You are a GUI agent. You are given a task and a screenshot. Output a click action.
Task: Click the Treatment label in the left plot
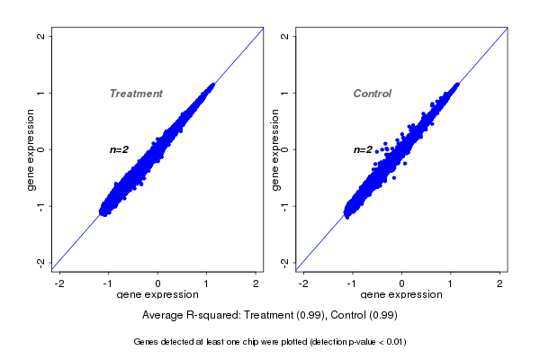136,94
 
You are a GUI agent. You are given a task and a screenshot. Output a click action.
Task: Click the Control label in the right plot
372,94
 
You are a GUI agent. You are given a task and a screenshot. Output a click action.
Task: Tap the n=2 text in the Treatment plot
120,149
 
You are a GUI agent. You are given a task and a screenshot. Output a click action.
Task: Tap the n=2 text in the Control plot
363,149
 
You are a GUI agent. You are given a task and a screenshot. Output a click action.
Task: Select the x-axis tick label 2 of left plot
256,284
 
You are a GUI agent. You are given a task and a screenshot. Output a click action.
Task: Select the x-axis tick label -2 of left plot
59,284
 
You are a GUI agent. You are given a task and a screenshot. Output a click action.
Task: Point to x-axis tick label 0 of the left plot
158,284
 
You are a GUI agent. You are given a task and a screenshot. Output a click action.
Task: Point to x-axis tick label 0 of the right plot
402,284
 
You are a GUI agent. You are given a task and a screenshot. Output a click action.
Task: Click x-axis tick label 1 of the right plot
452,284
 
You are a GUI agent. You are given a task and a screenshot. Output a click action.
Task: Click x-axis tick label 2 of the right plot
500,284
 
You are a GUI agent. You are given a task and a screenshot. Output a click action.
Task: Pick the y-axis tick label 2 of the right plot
285,36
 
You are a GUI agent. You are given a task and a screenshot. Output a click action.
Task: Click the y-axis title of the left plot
31,149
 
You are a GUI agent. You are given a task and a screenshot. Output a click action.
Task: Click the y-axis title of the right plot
275,149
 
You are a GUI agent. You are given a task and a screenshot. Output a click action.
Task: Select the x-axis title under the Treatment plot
157,295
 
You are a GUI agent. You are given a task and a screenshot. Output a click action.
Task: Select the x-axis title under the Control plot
401,295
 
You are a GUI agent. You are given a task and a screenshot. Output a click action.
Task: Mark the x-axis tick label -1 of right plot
352,284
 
